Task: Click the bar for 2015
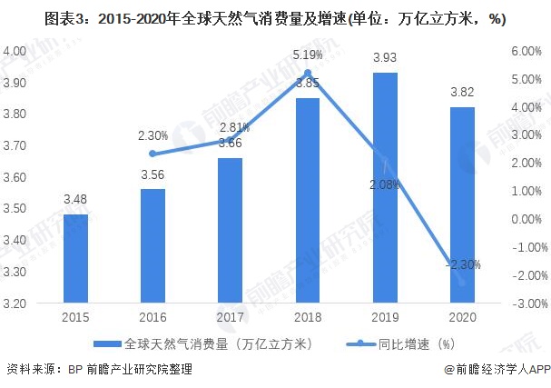[76, 259]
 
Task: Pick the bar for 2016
[153, 246]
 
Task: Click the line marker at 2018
[308, 74]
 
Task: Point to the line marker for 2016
[153, 154]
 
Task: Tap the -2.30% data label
[462, 264]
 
